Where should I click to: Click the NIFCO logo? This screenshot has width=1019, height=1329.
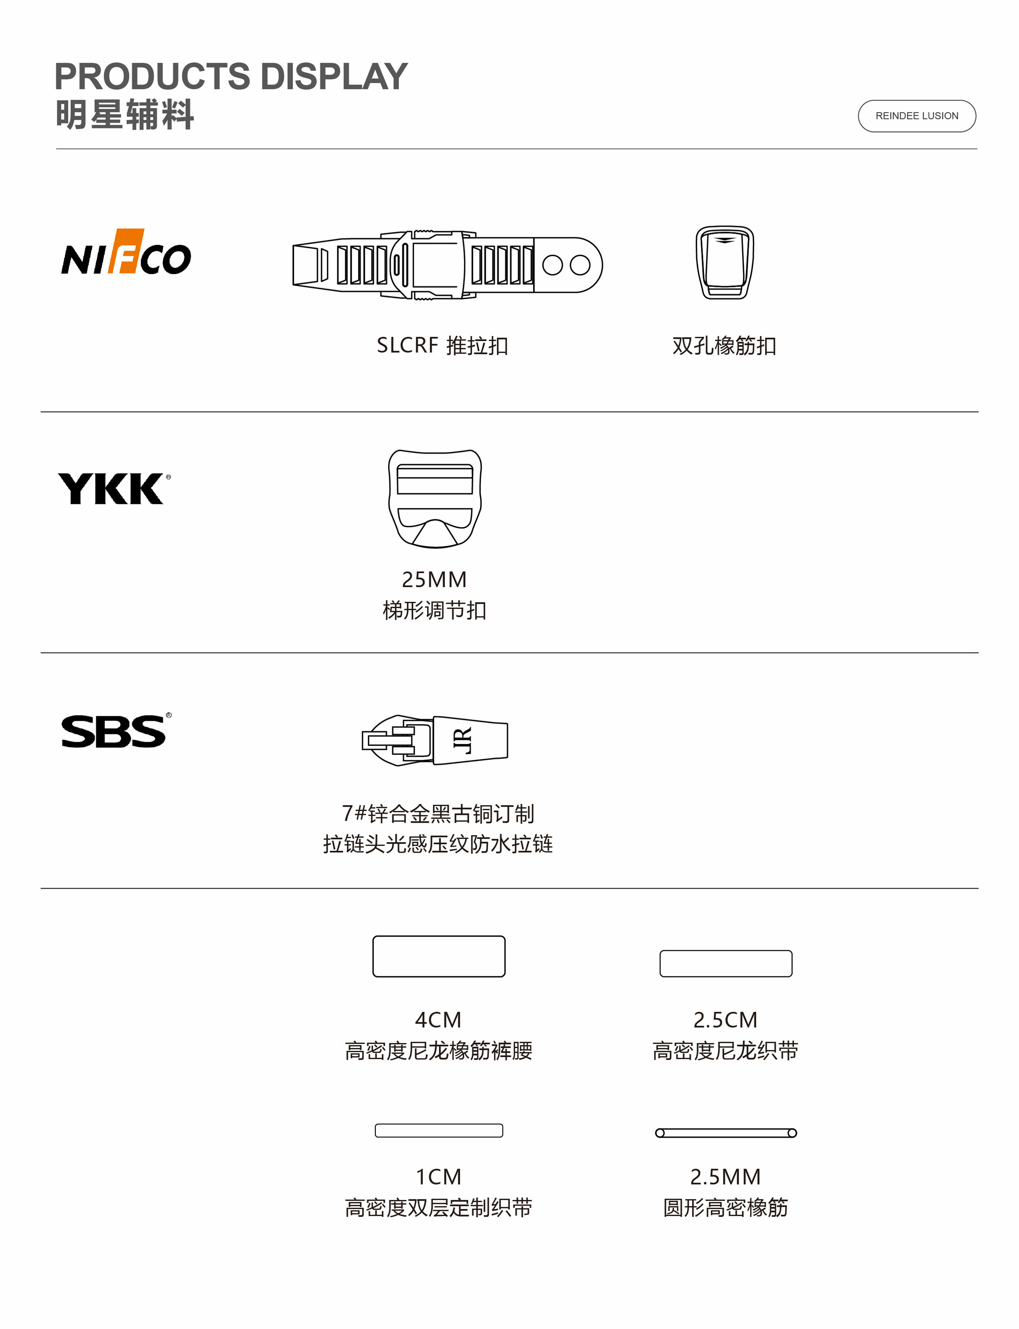pyautogui.click(x=126, y=252)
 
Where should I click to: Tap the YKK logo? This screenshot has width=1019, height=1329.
pyautogui.click(x=113, y=489)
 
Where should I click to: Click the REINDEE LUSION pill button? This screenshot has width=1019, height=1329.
pyautogui.click(x=917, y=116)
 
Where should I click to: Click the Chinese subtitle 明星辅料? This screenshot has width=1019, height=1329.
pyautogui.click(x=125, y=115)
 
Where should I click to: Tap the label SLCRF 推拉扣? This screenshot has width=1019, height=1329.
pyautogui.click(x=442, y=346)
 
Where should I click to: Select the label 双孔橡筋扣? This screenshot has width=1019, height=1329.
pyautogui.click(x=724, y=346)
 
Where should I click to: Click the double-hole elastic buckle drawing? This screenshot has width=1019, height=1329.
pyautogui.click(x=724, y=263)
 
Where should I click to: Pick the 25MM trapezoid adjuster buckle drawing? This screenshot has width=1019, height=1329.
pyautogui.click(x=435, y=499)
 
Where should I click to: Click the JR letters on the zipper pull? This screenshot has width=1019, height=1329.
pyautogui.click(x=462, y=741)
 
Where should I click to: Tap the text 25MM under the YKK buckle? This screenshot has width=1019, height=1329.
pyautogui.click(x=434, y=580)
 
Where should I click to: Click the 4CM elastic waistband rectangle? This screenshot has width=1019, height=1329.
pyautogui.click(x=439, y=956)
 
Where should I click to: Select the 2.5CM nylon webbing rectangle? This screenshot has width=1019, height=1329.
pyautogui.click(x=726, y=963)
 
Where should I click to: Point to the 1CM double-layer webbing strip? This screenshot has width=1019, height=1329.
pyautogui.click(x=439, y=1130)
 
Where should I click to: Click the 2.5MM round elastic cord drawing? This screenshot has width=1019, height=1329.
pyautogui.click(x=726, y=1133)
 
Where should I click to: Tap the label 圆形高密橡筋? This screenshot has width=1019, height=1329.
pyautogui.click(x=726, y=1208)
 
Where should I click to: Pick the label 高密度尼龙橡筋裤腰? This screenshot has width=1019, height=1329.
pyautogui.click(x=439, y=1051)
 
